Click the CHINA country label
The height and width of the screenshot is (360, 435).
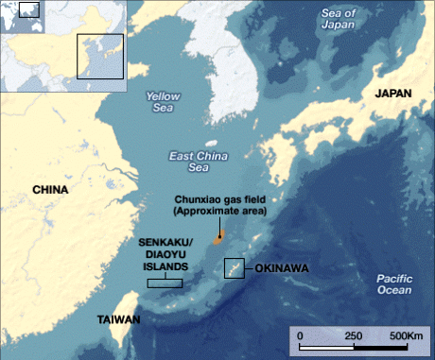[x=50, y=189]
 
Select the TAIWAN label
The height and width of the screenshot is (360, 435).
[x=118, y=319]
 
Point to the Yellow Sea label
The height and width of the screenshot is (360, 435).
[x=164, y=101]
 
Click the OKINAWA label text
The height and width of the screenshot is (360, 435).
[x=285, y=268]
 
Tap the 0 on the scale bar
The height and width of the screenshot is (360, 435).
[x=300, y=335]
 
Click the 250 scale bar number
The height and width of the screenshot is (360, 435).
[x=354, y=335]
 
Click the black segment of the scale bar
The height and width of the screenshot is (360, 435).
[x=326, y=346]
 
